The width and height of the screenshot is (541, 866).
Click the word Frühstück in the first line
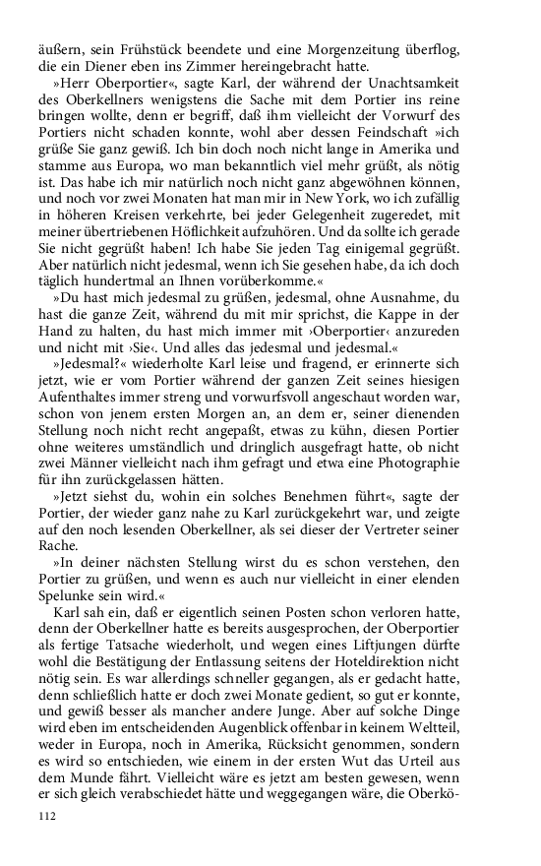144,49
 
